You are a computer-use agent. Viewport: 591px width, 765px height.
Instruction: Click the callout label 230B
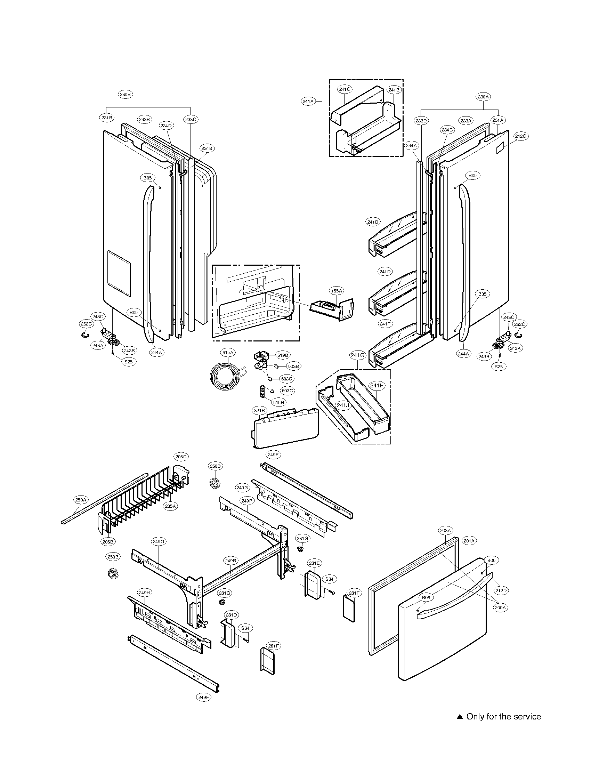[126, 94]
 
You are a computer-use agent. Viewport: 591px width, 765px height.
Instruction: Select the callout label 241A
[308, 101]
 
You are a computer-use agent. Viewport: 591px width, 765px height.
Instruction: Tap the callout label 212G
[521, 136]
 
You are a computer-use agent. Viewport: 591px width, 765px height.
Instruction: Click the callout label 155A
[336, 291]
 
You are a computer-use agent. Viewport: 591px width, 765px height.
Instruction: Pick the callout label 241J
[343, 405]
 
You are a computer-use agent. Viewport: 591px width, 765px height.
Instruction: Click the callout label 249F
[203, 707]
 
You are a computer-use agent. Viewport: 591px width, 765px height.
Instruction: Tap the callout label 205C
[181, 457]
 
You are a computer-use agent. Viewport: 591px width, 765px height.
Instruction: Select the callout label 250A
[81, 500]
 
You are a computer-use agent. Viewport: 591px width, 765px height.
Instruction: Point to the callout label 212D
[501, 590]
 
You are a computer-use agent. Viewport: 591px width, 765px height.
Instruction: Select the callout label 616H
[279, 402]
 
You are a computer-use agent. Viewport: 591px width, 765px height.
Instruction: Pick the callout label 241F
[385, 324]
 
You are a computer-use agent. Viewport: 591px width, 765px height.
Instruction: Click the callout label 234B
[207, 148]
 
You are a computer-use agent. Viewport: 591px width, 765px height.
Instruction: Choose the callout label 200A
[500, 608]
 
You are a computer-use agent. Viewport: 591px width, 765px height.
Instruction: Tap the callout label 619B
[283, 355]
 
